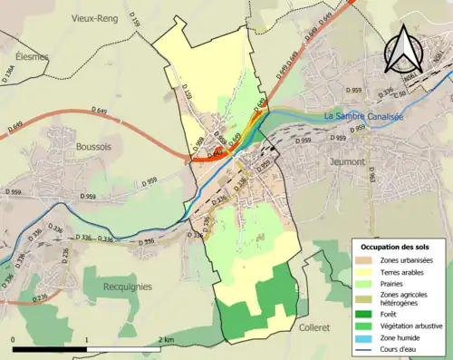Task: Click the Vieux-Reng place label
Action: point(95,17)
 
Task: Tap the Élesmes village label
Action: point(26,56)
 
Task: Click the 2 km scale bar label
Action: point(167,339)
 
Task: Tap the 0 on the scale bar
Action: point(14,339)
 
